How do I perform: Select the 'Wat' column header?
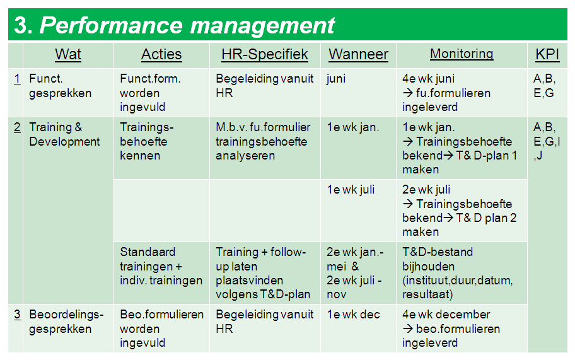coord(68,54)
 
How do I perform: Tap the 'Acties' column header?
coord(161,54)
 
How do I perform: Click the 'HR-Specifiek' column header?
coord(265,54)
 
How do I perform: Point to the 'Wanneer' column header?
coord(358,54)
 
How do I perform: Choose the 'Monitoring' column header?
coord(462,54)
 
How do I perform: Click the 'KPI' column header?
coord(547,54)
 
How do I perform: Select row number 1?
coord(17,78)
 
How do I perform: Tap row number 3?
coord(17,314)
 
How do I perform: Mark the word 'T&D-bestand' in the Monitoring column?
coord(438,252)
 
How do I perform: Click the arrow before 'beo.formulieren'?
coord(408,328)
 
